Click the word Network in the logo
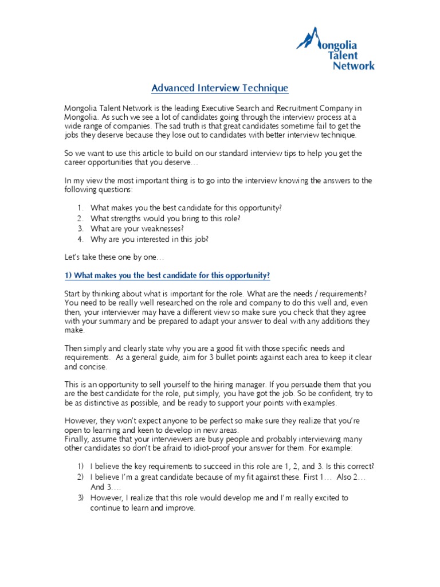pos(353,65)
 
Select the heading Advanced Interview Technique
pos(219,88)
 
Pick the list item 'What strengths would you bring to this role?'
pos(165,218)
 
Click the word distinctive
pos(98,402)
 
